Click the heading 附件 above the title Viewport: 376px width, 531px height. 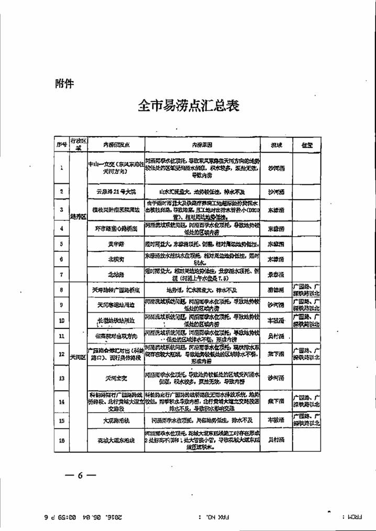pyautogui.click(x=64, y=83)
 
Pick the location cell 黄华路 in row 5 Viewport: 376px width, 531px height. pyautogui.click(x=115, y=244)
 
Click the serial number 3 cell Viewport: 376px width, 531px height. pyautogui.click(x=62, y=209)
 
